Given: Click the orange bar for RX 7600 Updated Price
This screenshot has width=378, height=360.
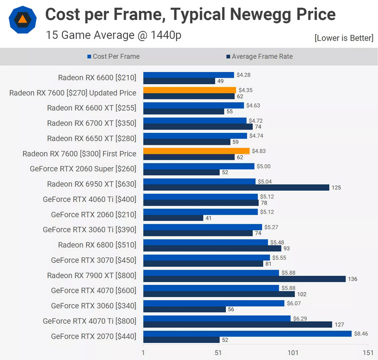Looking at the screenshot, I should tap(189, 90).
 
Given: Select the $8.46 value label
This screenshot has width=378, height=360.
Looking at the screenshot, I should tap(361, 334).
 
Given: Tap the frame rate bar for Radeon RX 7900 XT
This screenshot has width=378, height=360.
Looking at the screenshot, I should tap(244, 279).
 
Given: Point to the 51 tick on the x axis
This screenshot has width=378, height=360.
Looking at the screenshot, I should tap(218, 352).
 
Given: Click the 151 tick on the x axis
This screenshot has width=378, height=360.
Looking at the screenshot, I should tap(368, 352).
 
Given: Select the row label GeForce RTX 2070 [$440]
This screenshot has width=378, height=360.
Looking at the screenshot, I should tap(94, 336).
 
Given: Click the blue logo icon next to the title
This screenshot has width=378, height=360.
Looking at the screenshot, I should tap(22, 19).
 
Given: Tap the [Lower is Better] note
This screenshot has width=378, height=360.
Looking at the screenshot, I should tap(344, 38).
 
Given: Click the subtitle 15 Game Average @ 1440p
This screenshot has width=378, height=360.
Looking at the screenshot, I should tap(113, 35).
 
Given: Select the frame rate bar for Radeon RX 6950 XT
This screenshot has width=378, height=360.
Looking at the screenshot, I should tap(236, 188).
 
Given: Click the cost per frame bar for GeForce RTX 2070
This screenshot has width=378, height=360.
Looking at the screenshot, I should tap(247, 334).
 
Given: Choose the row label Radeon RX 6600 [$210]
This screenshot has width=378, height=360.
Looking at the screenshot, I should tap(97, 78).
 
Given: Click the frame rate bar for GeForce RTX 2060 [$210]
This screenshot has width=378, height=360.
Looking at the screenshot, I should tap(173, 218).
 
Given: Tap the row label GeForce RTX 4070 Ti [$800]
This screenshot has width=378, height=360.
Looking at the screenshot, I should tap(89, 321).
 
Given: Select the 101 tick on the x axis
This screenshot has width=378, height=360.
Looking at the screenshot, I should tap(293, 352).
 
